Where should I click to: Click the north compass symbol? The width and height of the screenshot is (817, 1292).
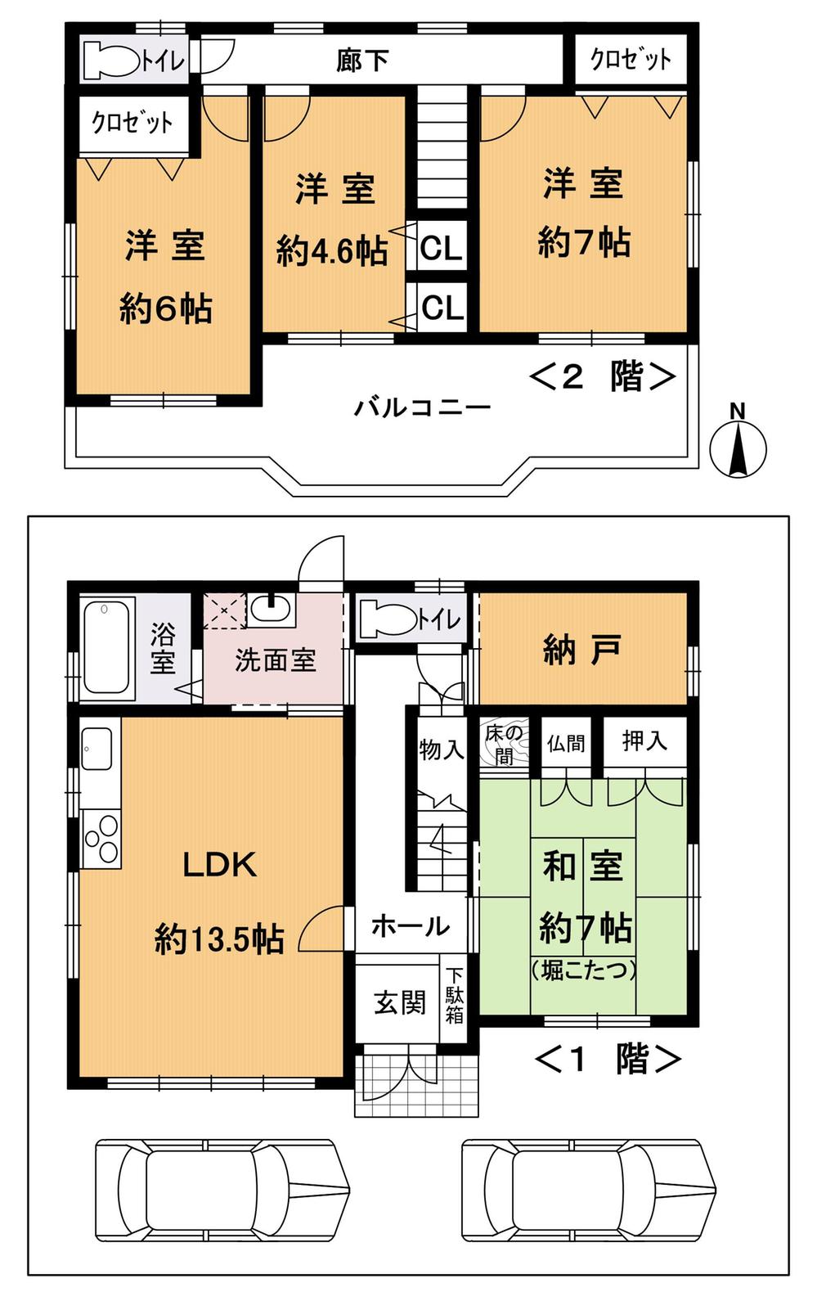[x=738, y=447]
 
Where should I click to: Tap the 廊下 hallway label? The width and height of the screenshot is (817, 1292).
[x=361, y=61]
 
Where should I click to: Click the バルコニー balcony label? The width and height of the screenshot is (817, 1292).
[x=422, y=407]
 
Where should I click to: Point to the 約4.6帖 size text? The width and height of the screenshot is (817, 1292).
[x=332, y=251]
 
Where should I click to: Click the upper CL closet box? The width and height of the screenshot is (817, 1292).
[x=442, y=246]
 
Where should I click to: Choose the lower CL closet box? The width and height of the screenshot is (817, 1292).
[x=442, y=308]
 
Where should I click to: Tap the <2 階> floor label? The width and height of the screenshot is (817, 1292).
[x=604, y=376]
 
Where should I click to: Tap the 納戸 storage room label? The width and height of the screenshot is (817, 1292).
[x=581, y=650]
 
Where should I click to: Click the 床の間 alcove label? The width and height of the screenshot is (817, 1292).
[x=502, y=743]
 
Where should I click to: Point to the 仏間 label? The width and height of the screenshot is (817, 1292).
[x=565, y=742]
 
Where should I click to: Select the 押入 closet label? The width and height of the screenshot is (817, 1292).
[x=644, y=741]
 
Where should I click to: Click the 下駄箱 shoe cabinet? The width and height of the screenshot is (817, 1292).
[x=455, y=995]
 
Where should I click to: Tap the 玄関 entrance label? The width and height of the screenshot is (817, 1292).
[x=400, y=1002]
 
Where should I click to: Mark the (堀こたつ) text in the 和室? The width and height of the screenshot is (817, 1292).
[x=583, y=971]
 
